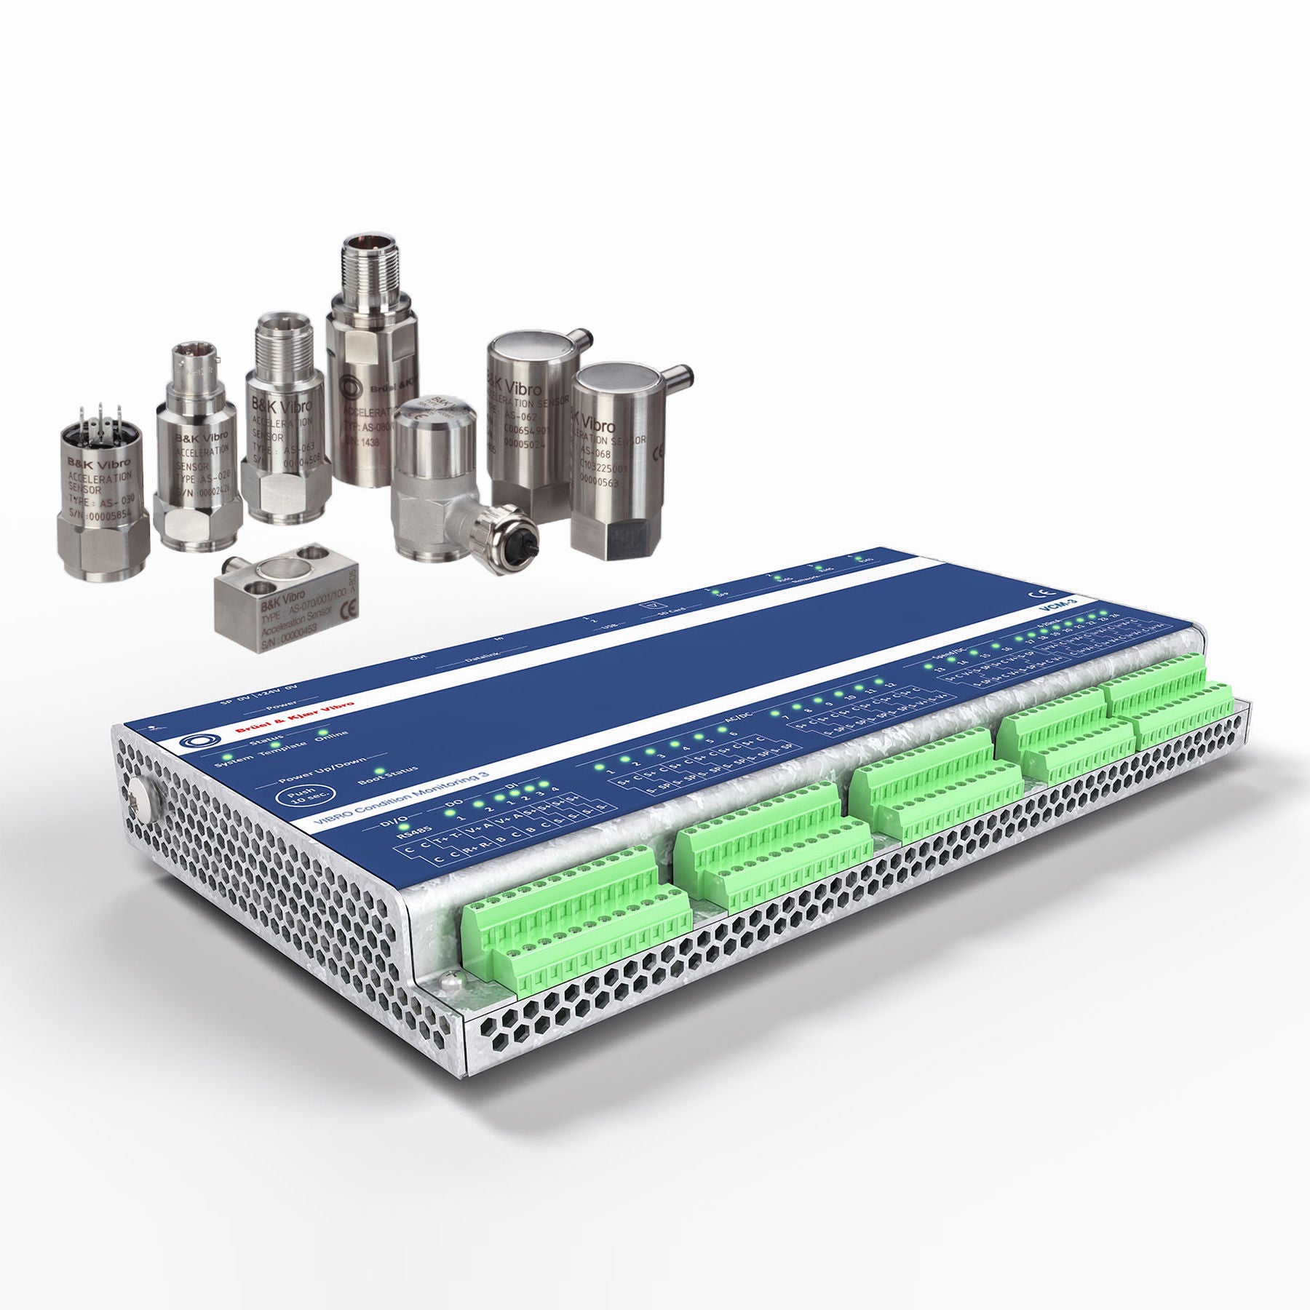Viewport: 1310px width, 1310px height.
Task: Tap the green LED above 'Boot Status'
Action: click(x=378, y=771)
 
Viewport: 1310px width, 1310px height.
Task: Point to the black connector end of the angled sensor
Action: click(x=511, y=537)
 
